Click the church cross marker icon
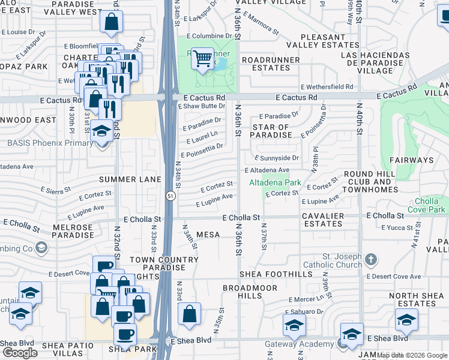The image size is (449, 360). click(372, 259)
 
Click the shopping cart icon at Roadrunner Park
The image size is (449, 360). click(203, 58)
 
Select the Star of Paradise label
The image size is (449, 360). click(271, 131)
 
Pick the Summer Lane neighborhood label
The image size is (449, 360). click(130, 179)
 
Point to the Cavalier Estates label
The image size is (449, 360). click(323, 220)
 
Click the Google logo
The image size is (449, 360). click(20, 353)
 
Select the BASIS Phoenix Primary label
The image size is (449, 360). click(47, 143)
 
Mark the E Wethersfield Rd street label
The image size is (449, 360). click(327, 86)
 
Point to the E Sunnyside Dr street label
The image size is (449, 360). click(276, 158)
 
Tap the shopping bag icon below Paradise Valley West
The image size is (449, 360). click(111, 23)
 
